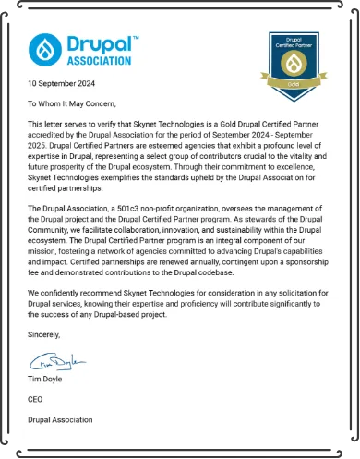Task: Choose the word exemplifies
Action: pyautogui.click(x=119, y=182)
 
